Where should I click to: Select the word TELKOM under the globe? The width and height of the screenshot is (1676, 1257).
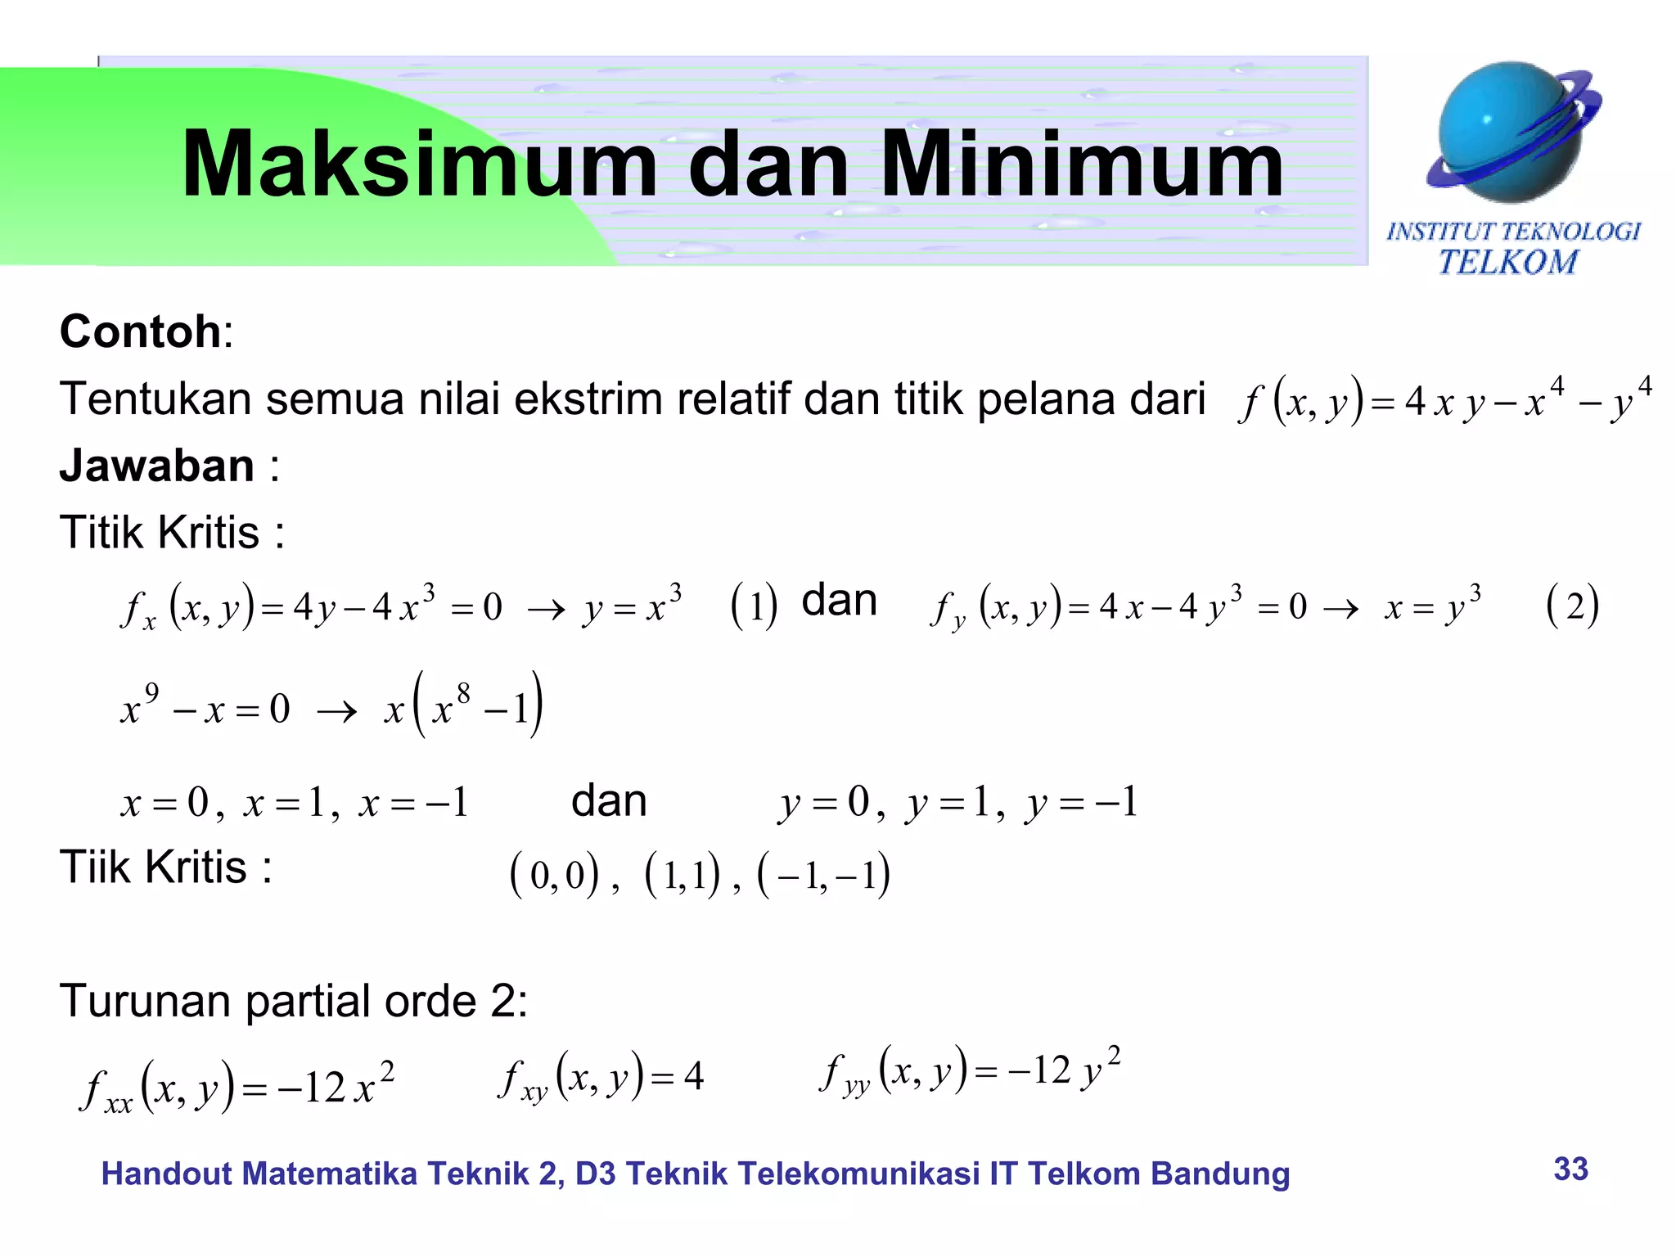1507,263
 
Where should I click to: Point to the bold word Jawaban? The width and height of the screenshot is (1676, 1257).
157,466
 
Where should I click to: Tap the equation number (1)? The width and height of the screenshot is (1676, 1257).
753,606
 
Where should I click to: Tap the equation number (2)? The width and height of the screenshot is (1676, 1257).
1572,606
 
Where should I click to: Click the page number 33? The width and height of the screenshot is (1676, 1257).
1570,1169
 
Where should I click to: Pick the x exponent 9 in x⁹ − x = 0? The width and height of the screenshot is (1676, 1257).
152,694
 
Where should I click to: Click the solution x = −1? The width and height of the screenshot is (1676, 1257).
413,803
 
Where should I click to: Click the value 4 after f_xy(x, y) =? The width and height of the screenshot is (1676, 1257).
693,1077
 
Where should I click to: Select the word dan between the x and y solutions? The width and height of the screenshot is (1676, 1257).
609,801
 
